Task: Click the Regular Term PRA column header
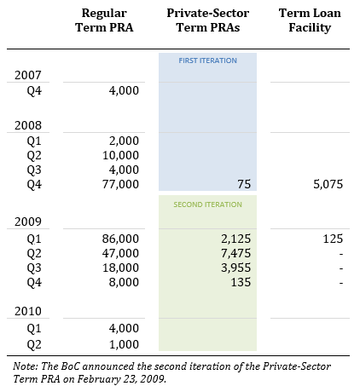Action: (x=110, y=20)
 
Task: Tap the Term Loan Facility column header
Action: (x=311, y=20)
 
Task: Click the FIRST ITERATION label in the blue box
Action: (x=207, y=60)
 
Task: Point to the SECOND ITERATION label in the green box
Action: (x=207, y=205)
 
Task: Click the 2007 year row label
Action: (x=28, y=76)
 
